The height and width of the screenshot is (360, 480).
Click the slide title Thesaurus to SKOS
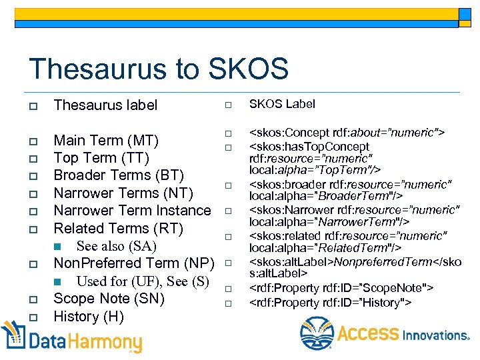pyautogui.click(x=159, y=69)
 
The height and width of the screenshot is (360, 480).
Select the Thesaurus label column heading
pyautogui.click(x=105, y=105)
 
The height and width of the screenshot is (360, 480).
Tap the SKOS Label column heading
pyautogui.click(x=282, y=104)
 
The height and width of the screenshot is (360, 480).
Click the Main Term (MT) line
pyautogui.click(x=105, y=141)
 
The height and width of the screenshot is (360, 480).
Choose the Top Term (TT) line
pyautogui.click(x=101, y=158)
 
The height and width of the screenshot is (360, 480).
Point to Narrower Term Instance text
pyautogui.click(x=132, y=211)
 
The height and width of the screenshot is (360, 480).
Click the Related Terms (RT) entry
pyautogui.click(x=118, y=228)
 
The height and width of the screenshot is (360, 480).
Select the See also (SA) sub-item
pyautogui.click(x=116, y=246)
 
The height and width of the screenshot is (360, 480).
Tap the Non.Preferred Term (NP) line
pyautogui.click(x=133, y=263)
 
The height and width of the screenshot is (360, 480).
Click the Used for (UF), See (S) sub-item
pyautogui.click(x=143, y=281)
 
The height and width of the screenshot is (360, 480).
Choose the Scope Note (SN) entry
pyautogui.click(x=109, y=298)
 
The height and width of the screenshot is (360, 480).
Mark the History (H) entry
pyautogui.click(x=89, y=316)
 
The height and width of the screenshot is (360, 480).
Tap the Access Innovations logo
pyautogui.click(x=385, y=333)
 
